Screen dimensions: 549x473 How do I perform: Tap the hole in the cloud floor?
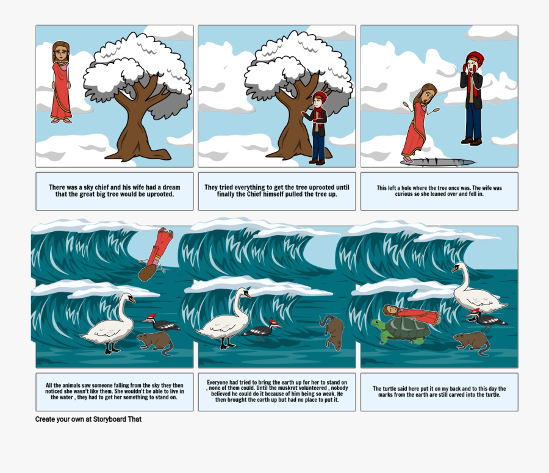pos(437,162)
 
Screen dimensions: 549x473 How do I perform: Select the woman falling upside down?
pos(155,254)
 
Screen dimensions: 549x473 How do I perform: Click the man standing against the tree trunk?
pos(318,128)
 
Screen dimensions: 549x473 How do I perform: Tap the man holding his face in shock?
pos(473,98)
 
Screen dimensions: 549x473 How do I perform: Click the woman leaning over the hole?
pos(419,123)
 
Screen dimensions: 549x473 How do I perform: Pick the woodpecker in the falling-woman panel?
pos(161,323)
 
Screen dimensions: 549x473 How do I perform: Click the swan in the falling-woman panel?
pos(109,323)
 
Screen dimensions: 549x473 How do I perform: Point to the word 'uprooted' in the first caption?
pos(160,194)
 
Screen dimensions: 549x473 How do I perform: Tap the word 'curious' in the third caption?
pos(403,194)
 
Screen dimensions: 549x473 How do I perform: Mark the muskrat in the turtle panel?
pos(472,342)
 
